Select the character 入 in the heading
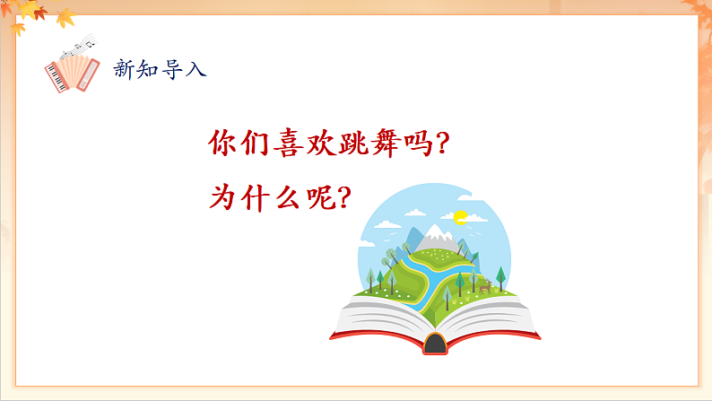[196, 69]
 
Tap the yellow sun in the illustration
[461, 216]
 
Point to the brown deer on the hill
[484, 287]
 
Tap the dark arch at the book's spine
[435, 343]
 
